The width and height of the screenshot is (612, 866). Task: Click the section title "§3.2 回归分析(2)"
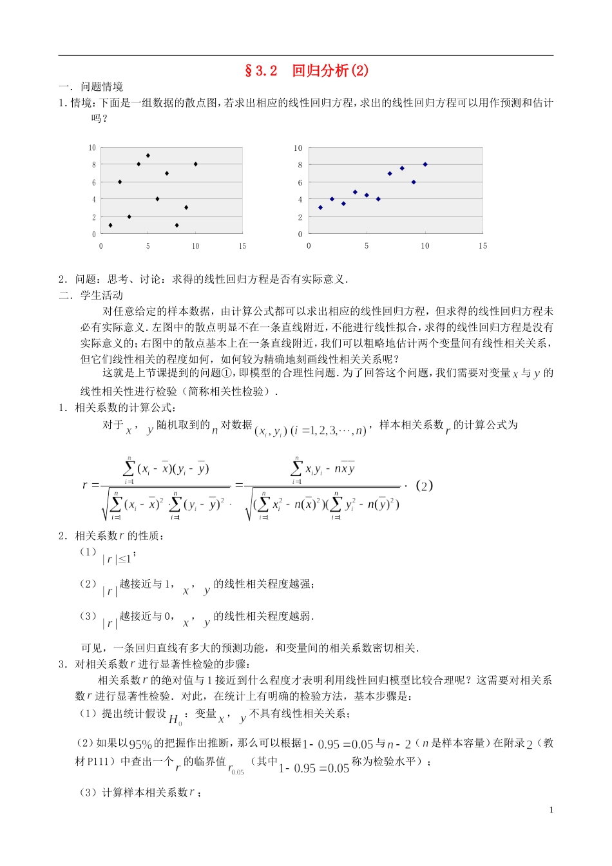(x=306, y=71)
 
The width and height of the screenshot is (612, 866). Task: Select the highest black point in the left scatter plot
(x=148, y=155)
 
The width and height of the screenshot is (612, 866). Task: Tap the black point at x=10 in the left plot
(x=196, y=164)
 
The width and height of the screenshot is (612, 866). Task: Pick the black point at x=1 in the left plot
(x=111, y=226)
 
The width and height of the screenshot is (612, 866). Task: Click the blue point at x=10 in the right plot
(x=425, y=164)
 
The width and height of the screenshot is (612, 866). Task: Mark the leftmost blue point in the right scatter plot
(x=321, y=207)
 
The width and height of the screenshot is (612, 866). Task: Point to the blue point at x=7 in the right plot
(x=390, y=173)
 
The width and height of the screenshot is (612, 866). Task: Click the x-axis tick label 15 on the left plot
(x=242, y=246)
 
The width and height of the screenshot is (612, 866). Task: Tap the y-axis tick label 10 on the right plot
(x=298, y=148)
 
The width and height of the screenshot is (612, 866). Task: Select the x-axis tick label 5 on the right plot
(x=367, y=246)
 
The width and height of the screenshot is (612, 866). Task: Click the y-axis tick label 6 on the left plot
(x=93, y=183)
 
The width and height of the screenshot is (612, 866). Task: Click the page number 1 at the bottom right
(x=551, y=811)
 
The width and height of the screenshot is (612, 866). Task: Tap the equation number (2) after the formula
(x=424, y=486)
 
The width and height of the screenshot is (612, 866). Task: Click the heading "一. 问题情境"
(x=91, y=87)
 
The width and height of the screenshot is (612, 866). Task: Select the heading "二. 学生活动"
(x=91, y=295)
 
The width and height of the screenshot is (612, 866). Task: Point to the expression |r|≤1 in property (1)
(x=118, y=559)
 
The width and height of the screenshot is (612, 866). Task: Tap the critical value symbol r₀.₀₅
(x=236, y=768)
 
